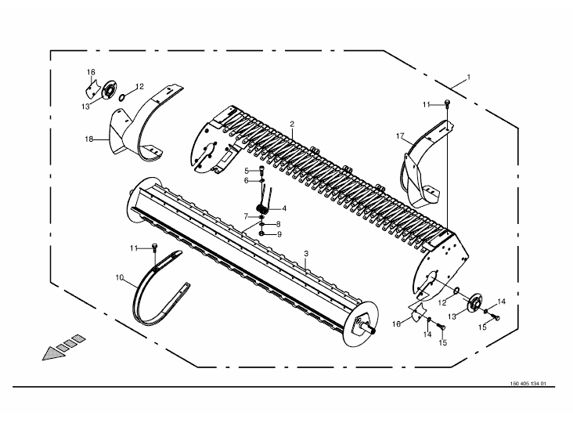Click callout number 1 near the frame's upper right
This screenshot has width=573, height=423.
click(468, 78)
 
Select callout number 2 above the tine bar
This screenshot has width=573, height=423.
click(292, 125)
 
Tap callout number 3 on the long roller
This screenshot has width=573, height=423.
click(306, 253)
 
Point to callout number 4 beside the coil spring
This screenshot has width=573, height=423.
click(284, 208)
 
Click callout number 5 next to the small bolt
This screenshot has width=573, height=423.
click(247, 171)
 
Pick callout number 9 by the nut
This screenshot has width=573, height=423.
click(279, 234)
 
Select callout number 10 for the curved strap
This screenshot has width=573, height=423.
click(120, 278)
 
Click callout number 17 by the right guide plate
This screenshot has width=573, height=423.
click(400, 136)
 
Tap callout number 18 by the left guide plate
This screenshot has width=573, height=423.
click(88, 139)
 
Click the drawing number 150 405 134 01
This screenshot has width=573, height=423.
click(528, 384)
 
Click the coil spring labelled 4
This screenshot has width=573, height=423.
click(263, 209)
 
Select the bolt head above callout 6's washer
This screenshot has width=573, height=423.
click(262, 169)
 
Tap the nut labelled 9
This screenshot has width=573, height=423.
click(261, 233)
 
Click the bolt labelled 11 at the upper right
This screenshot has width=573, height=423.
click(447, 103)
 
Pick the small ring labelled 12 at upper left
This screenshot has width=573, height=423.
click(122, 98)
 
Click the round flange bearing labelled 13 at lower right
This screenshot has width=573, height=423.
click(475, 302)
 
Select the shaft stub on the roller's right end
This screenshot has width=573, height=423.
click(369, 328)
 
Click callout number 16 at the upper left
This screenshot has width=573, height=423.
click(91, 72)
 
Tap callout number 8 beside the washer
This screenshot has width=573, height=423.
click(279, 225)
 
